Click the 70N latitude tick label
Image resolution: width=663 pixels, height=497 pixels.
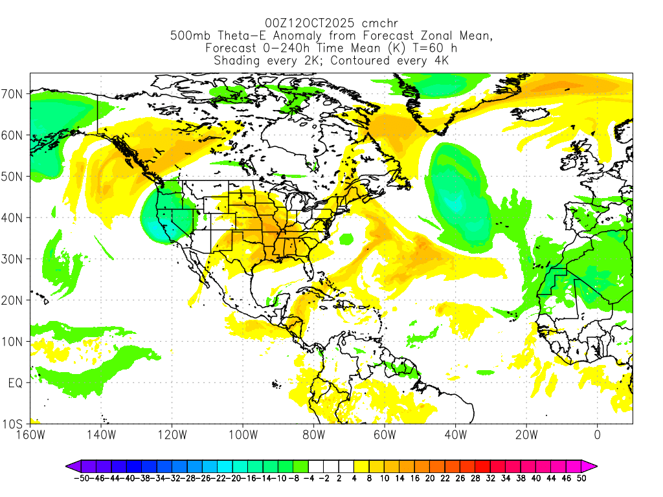tap(14, 94)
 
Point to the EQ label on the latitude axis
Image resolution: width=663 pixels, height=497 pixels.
tap(17, 383)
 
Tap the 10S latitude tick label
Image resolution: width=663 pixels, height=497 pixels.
tap(14, 425)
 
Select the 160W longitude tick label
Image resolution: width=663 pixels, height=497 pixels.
tap(30, 435)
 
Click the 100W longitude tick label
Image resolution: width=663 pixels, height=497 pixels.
tap(243, 435)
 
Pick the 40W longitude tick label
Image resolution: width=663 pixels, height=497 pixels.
tap(455, 435)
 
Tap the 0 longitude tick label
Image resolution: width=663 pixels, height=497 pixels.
tap(597, 435)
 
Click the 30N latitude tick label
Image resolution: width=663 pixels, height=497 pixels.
tap(14, 259)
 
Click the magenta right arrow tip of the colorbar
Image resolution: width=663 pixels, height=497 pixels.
tap(594, 465)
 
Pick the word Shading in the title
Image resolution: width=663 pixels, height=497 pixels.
tap(236, 61)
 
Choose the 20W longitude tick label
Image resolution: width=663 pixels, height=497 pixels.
tap(526, 435)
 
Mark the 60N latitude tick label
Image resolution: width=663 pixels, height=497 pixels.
tap(14, 135)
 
